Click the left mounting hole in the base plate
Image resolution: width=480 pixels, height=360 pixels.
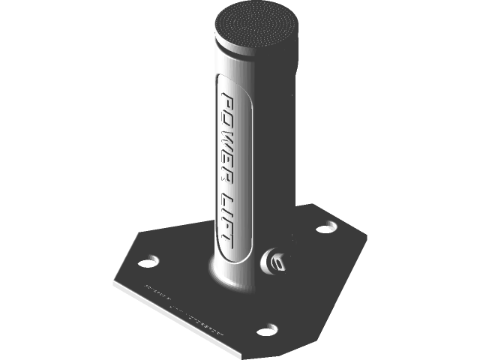click(x=148, y=262)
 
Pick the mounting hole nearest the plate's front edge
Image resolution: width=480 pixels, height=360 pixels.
click(x=266, y=329)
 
